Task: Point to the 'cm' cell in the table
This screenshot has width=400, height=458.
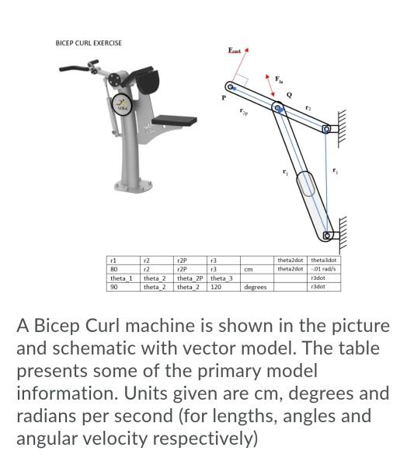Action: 248,270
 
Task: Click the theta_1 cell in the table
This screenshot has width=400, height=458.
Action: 121,278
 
